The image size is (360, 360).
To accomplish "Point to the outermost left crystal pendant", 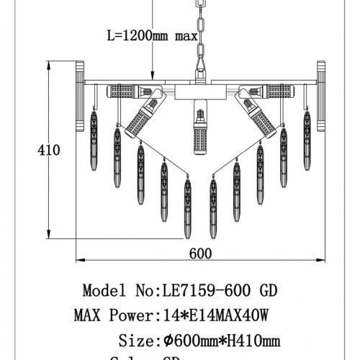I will [94, 130].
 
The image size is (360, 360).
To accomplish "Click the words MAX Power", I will [113, 315].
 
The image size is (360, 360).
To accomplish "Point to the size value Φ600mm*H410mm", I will [222, 339].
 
